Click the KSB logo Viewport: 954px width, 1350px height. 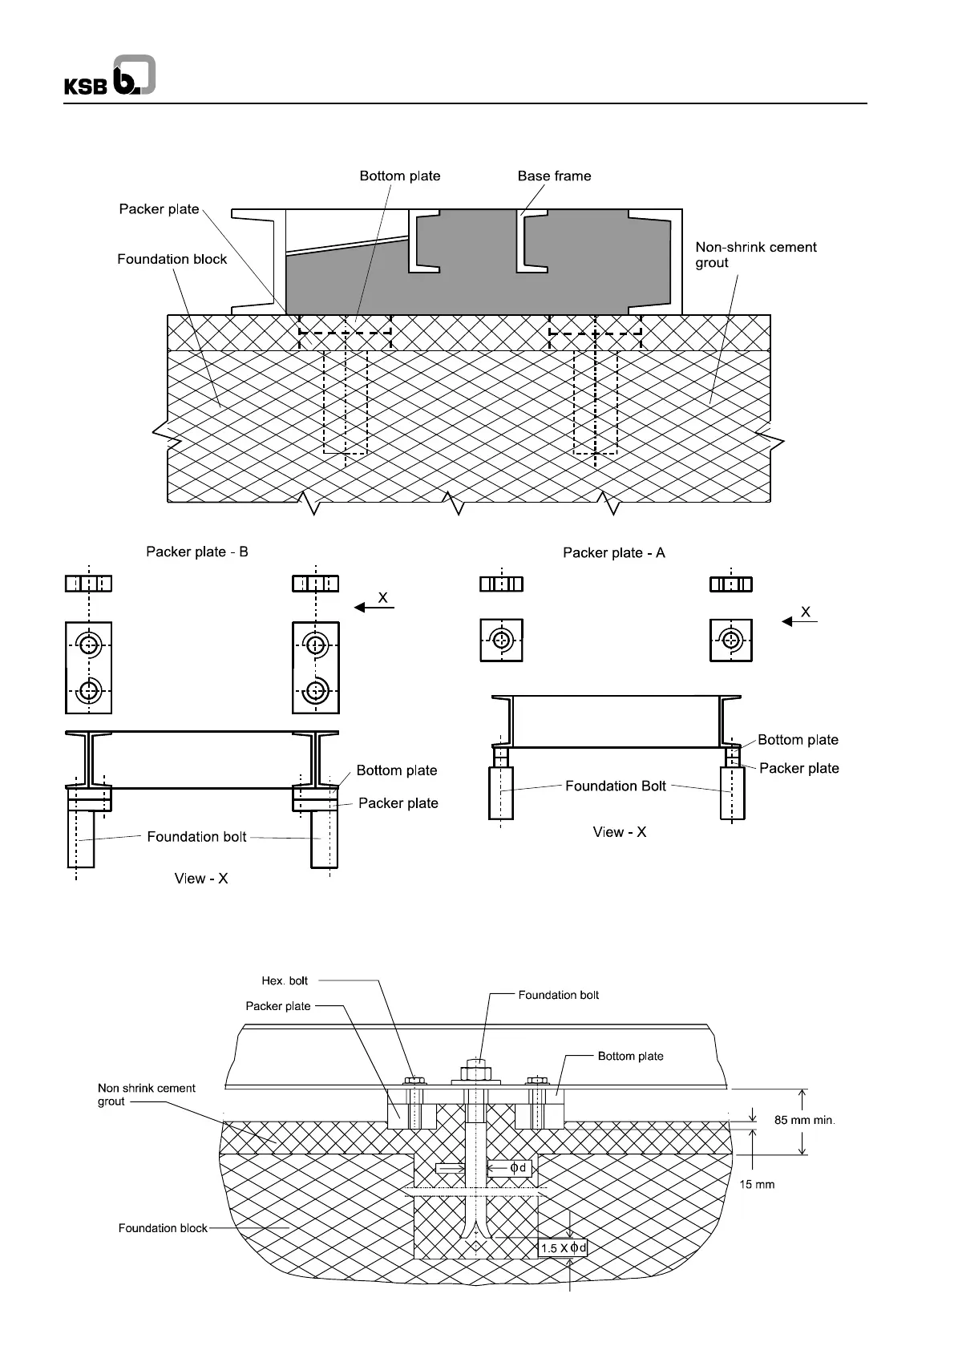point(110,77)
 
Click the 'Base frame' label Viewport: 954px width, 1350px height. point(554,176)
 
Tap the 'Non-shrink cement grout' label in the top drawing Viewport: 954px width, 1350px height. point(755,255)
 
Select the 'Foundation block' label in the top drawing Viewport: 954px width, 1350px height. point(172,260)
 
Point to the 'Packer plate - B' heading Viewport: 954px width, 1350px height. point(197,552)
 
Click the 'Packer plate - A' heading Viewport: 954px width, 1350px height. point(614,553)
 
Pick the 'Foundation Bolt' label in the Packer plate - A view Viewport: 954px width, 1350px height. point(616,786)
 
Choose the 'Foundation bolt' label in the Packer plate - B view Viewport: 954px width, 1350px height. point(196,837)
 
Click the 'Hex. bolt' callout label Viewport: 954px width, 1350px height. point(285,981)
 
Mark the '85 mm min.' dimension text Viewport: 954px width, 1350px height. point(805,1121)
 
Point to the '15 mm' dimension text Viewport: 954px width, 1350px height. point(757,1185)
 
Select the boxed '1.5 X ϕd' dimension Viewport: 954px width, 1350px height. point(564,1248)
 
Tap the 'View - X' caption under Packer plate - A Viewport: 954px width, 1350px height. point(620,833)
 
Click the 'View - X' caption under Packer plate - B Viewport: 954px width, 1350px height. point(201,879)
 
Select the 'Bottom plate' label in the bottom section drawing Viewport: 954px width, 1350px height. point(630,1057)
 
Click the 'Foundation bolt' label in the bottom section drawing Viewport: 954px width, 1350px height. point(558,996)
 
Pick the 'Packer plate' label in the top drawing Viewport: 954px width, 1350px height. point(159,209)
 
